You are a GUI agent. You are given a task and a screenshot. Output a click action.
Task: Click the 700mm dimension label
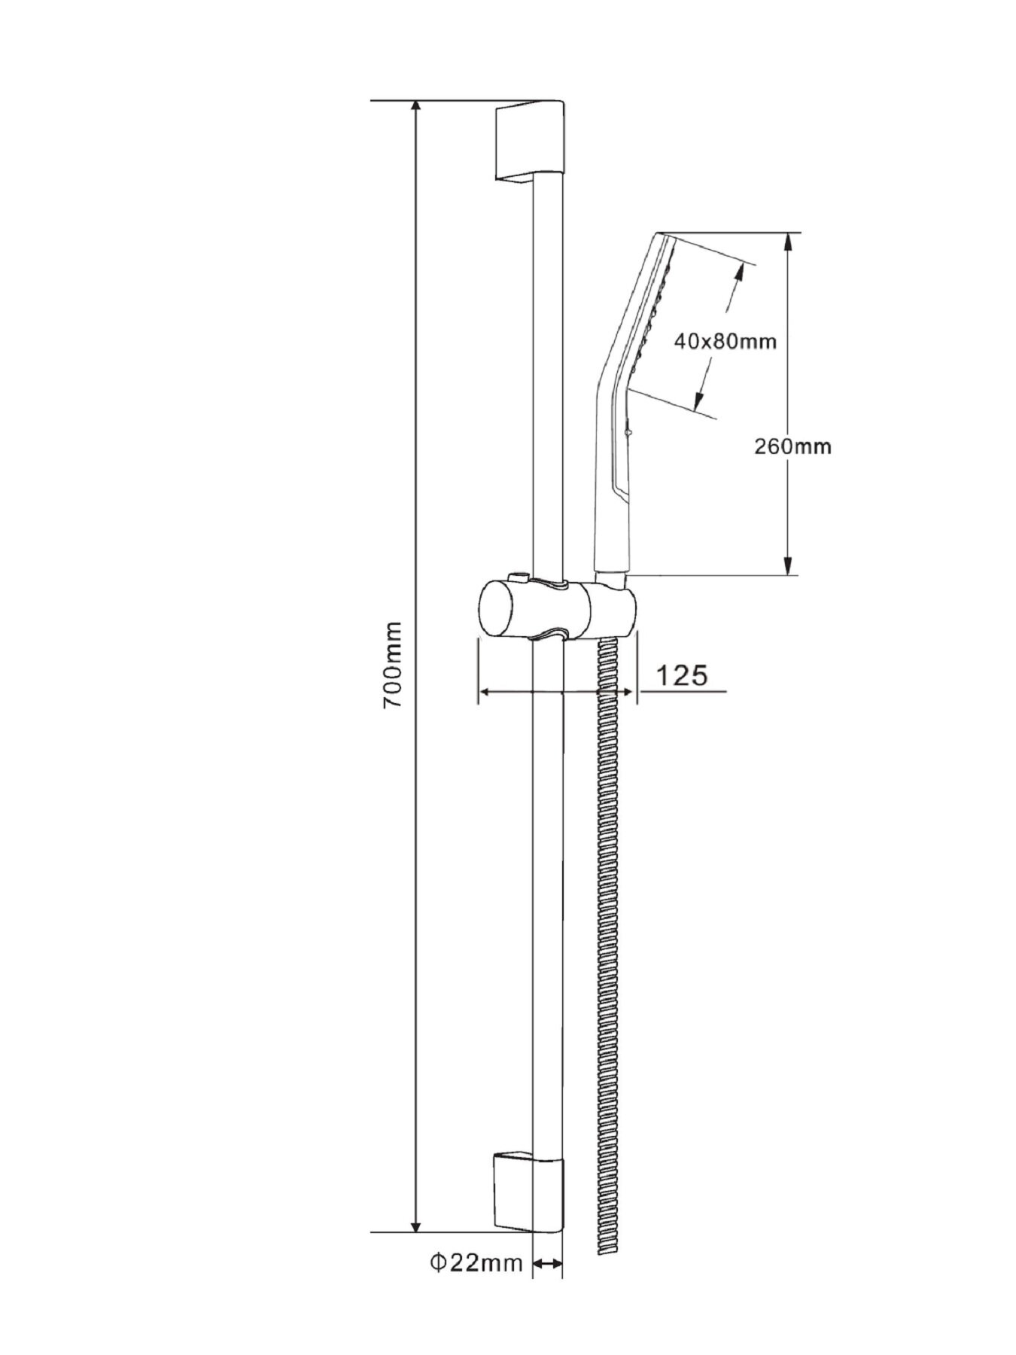(393, 665)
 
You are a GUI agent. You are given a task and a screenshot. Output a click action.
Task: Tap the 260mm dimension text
(792, 446)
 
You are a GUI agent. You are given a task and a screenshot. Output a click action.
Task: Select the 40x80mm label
(725, 341)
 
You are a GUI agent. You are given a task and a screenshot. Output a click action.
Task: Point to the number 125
(683, 676)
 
